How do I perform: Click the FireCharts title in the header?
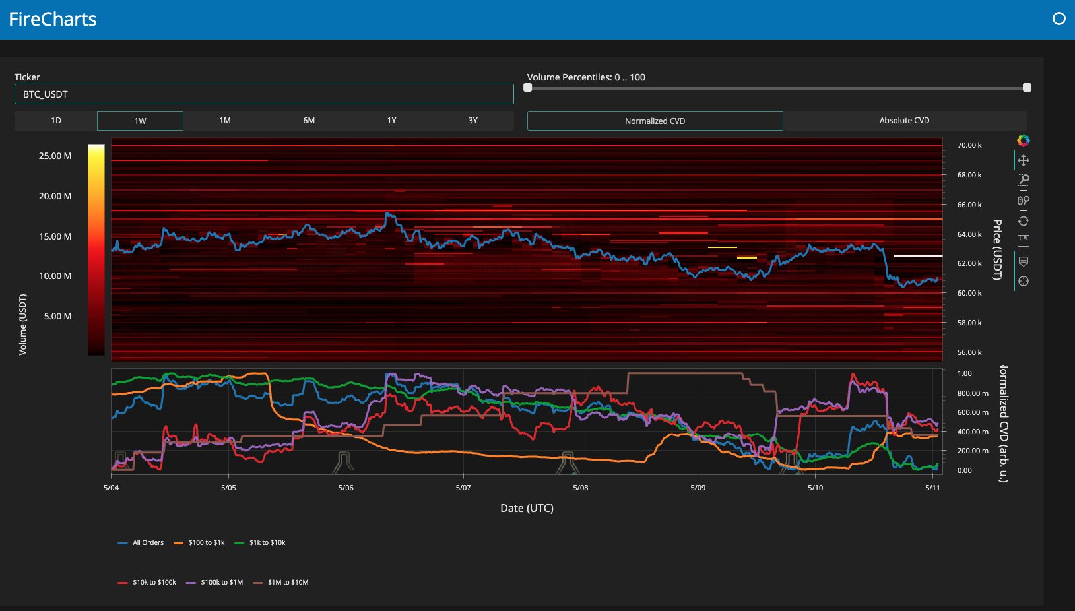53,19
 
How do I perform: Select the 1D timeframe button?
56,121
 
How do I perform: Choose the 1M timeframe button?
225,121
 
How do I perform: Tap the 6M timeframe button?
309,121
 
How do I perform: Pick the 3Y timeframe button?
472,121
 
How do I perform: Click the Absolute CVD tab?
905,121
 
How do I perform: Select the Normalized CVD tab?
655,121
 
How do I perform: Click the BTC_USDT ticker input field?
264,94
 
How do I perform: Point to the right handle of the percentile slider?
1027,87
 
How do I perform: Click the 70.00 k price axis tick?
969,145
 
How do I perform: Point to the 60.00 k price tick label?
969,293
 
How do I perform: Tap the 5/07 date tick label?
463,488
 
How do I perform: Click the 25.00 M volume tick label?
55,156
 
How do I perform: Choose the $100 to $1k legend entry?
199,542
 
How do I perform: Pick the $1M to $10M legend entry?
280,582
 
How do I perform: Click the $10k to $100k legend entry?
147,582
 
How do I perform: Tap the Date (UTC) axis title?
527,508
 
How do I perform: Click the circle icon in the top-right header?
1059,18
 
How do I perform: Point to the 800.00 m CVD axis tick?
973,393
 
